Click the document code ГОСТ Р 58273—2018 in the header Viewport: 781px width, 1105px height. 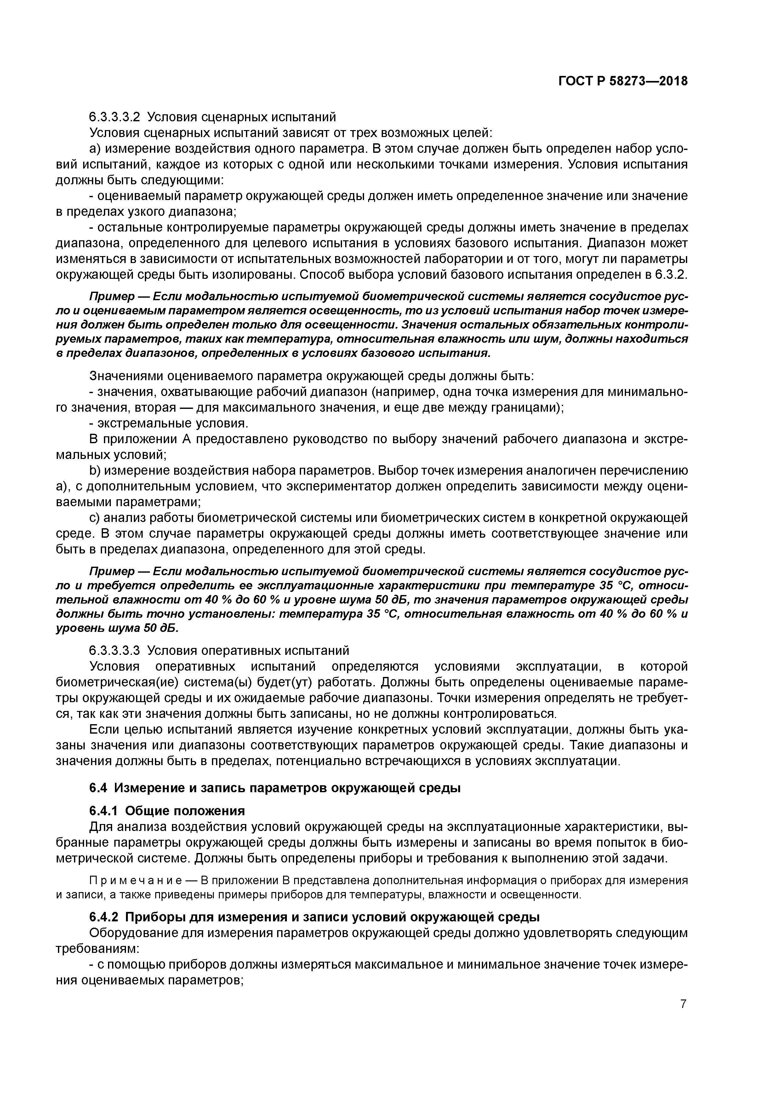click(x=623, y=81)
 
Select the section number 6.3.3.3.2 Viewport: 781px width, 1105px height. click(x=114, y=117)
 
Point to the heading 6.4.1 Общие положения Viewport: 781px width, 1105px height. click(x=167, y=811)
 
